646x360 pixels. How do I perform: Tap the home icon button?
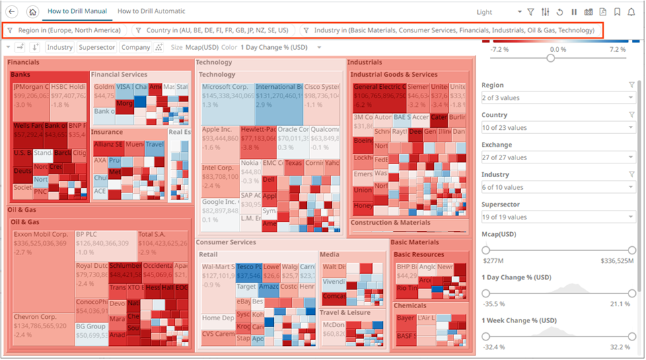click(x=32, y=12)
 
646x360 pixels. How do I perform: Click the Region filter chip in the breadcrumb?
click(x=65, y=30)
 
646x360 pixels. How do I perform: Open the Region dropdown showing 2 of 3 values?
click(x=558, y=98)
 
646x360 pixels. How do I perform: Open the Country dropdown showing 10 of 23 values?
click(x=558, y=128)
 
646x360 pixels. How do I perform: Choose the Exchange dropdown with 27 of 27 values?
click(x=558, y=157)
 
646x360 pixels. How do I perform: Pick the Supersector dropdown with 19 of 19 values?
click(x=558, y=217)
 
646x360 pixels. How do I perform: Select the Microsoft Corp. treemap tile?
click(x=226, y=96)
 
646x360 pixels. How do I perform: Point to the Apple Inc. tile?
click(x=219, y=138)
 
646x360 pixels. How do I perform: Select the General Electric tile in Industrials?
click(x=378, y=96)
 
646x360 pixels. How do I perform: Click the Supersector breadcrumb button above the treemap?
click(x=96, y=48)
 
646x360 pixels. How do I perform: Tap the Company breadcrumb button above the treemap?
click(x=135, y=48)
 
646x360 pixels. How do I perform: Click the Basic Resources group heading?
click(x=419, y=254)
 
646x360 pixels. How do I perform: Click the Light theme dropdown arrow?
click(x=519, y=12)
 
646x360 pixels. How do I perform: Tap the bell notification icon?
click(x=631, y=12)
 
